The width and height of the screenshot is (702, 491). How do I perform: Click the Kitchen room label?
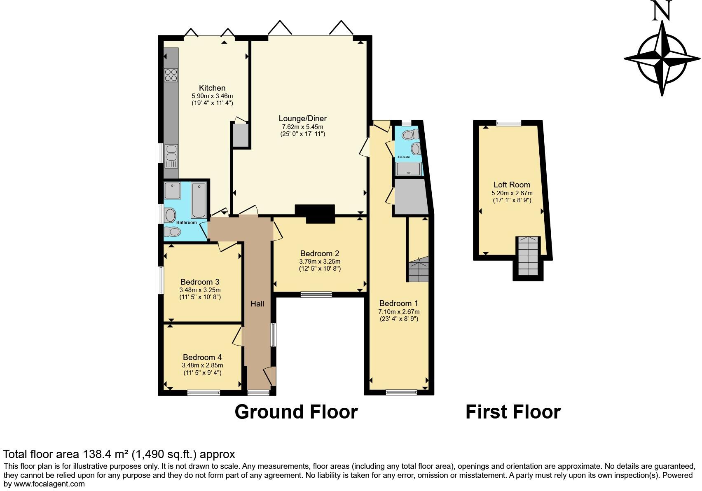click(212, 88)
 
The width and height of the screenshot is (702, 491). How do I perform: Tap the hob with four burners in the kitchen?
click(171, 75)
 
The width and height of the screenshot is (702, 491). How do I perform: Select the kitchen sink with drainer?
click(171, 157)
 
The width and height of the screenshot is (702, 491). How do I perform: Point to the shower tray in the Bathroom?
click(172, 190)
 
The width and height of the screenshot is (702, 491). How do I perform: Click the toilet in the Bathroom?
click(172, 232)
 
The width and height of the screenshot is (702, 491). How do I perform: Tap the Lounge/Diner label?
click(303, 119)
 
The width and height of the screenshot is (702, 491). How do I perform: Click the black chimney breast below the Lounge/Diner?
click(315, 214)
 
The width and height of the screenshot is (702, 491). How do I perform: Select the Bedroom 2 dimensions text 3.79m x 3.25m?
click(320, 262)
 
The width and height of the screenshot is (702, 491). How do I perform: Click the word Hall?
click(257, 303)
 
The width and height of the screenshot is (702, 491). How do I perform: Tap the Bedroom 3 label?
click(200, 282)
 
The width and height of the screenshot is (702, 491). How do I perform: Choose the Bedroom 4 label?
click(202, 357)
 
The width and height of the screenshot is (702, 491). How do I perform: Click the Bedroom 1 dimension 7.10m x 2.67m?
click(399, 312)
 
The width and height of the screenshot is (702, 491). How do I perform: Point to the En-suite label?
click(404, 157)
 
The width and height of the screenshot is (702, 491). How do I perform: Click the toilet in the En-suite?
click(411, 135)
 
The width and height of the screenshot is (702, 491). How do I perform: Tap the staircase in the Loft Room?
click(528, 256)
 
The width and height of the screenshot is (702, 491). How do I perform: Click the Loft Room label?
click(512, 185)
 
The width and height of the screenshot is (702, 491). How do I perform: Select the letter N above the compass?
click(662, 11)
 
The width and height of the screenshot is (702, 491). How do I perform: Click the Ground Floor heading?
click(296, 412)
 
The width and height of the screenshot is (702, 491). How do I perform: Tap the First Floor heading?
click(513, 412)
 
